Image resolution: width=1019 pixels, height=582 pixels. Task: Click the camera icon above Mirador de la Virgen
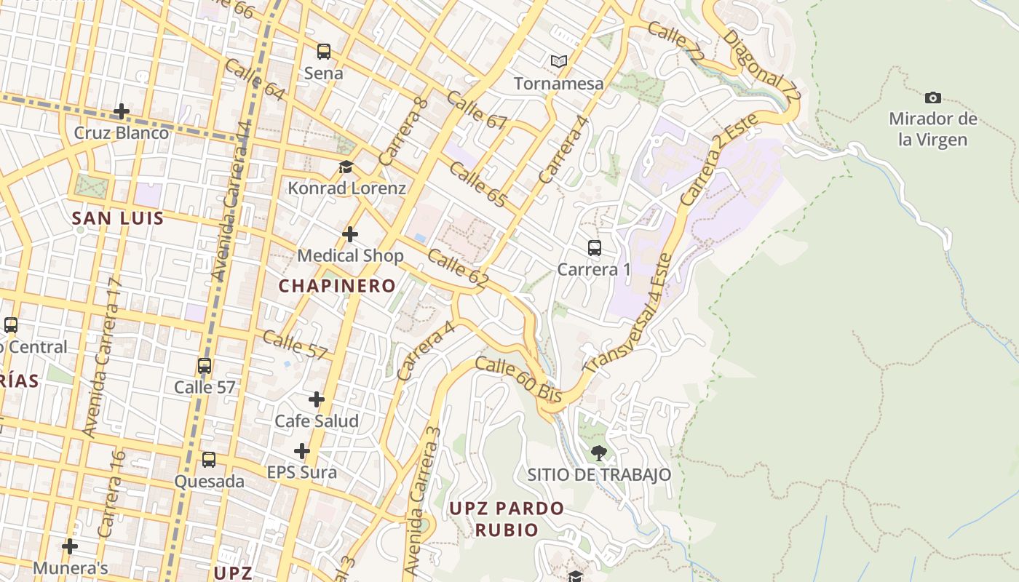pyautogui.click(x=932, y=97)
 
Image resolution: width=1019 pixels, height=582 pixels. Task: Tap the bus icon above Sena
pyautogui.click(x=323, y=52)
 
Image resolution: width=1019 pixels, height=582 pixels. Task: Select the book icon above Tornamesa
pyautogui.click(x=558, y=62)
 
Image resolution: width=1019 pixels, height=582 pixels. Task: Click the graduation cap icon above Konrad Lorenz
pyautogui.click(x=346, y=167)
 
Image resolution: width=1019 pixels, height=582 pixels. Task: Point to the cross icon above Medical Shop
pyautogui.click(x=350, y=234)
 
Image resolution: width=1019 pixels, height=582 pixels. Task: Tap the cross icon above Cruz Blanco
pyautogui.click(x=122, y=111)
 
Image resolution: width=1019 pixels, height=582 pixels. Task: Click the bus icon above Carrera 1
pyautogui.click(x=595, y=248)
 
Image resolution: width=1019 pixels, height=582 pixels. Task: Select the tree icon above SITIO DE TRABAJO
pyautogui.click(x=598, y=453)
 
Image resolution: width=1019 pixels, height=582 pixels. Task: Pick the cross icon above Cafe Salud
pyautogui.click(x=317, y=399)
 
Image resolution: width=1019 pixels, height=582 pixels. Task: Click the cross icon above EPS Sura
pyautogui.click(x=302, y=451)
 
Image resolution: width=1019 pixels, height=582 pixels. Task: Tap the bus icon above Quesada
pyautogui.click(x=209, y=460)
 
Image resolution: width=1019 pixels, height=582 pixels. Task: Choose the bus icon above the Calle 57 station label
pyautogui.click(x=205, y=366)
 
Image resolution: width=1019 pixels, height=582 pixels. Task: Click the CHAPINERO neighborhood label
pyautogui.click(x=337, y=286)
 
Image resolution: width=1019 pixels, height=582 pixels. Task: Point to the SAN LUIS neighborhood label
pyautogui.click(x=118, y=218)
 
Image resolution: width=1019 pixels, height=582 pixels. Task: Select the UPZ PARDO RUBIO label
pyautogui.click(x=507, y=519)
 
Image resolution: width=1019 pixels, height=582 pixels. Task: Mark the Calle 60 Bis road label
pyautogui.click(x=519, y=379)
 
